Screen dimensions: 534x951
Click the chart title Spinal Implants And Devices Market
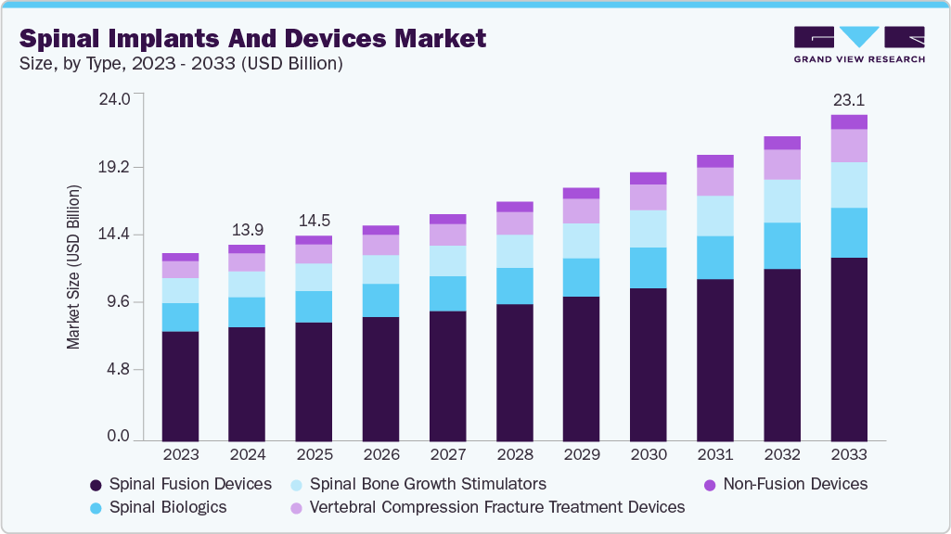tap(252, 38)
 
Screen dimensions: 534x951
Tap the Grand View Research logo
tap(859, 44)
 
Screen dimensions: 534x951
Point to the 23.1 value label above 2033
tap(849, 99)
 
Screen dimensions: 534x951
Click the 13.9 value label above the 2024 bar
tap(247, 229)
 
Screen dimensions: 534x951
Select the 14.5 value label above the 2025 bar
tap(314, 221)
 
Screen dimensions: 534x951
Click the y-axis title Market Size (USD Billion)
tap(73, 267)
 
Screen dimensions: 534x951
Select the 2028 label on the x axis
tap(514, 455)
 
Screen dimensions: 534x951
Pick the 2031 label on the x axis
tap(715, 455)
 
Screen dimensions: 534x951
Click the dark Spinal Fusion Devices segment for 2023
tap(180, 385)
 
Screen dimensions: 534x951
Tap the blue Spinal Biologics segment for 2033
tap(849, 233)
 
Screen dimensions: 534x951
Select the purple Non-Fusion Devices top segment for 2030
tap(648, 178)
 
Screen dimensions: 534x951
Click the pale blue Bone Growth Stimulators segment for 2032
tap(782, 201)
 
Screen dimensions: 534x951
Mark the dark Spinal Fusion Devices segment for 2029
tap(581, 368)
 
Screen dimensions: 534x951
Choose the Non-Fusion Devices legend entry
tap(785, 484)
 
